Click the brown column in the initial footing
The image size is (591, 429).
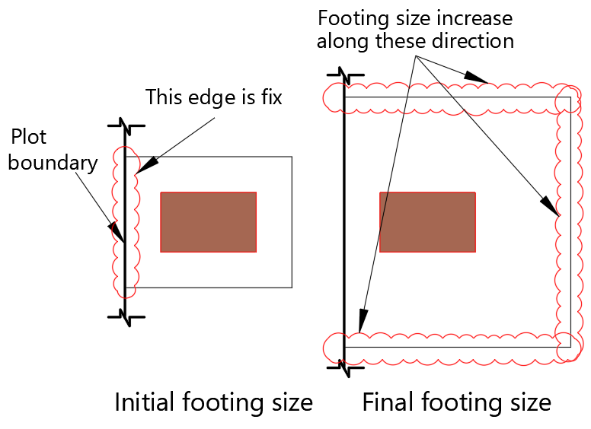coord(208,221)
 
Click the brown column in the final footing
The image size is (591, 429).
coord(427,221)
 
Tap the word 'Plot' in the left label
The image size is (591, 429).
coord(29,137)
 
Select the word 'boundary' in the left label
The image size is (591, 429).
coord(53,163)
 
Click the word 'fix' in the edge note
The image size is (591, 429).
coord(270,97)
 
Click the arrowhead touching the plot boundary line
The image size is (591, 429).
coord(115,230)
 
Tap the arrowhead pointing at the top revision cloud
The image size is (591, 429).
coord(476,78)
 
